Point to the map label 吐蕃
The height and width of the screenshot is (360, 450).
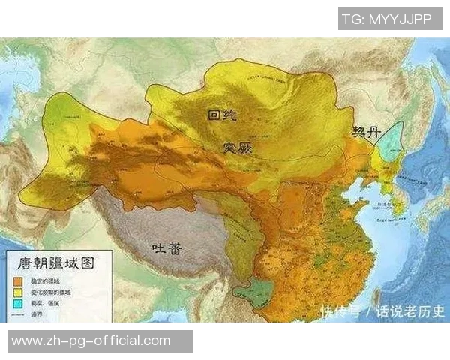point(166,248)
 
